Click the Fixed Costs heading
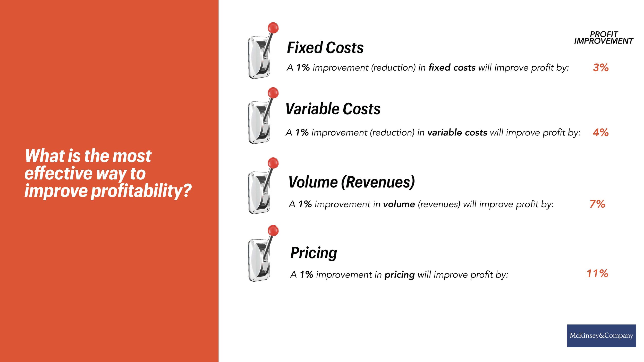coord(325,48)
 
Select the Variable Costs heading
coord(333,109)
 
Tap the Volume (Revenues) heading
coord(351,182)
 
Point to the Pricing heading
coord(313,253)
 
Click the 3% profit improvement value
coord(600,68)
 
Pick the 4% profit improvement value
coord(600,133)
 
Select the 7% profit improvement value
coord(597,204)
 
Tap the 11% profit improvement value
coord(597,273)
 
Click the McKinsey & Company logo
coord(601,335)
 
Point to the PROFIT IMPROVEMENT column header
coord(603,38)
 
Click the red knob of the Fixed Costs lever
coord(273,28)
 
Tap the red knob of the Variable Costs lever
coord(273,92)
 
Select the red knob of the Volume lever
coord(273,163)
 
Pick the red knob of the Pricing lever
coord(273,230)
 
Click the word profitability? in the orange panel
coord(141,191)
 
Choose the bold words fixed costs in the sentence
coord(452,68)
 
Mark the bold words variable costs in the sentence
coord(457,133)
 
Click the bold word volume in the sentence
coord(399,204)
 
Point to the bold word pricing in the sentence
coord(400,275)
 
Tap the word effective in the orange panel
coord(58,173)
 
